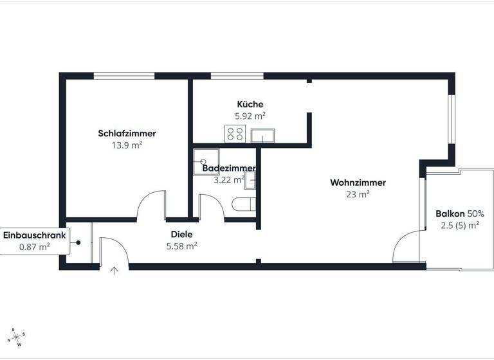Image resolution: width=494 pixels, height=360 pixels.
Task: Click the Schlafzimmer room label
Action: tap(127, 134)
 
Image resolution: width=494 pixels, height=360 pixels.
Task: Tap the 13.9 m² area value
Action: tap(127, 145)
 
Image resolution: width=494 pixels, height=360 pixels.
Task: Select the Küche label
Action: tap(250, 104)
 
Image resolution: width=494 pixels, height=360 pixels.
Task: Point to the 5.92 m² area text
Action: tap(250, 116)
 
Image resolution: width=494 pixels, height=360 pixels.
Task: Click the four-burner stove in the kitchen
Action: tap(234, 134)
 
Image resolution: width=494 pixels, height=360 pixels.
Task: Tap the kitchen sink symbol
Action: tap(264, 135)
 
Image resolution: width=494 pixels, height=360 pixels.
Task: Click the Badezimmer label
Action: tap(228, 168)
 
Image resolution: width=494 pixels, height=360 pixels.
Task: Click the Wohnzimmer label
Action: tap(358, 183)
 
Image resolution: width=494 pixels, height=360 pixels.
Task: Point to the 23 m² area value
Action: tap(358, 194)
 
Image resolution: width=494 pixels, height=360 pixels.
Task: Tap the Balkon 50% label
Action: tap(460, 213)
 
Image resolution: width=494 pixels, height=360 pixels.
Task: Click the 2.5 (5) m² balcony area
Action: tap(460, 225)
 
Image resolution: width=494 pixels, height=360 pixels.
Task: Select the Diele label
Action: tap(181, 235)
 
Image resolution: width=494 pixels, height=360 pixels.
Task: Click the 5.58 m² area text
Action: tap(181, 246)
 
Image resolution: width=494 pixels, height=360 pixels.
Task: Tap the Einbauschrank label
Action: tap(35, 235)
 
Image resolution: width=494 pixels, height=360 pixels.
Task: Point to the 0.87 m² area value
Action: tap(35, 246)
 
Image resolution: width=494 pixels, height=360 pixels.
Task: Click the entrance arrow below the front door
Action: tap(114, 271)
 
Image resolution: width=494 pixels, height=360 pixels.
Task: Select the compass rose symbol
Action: tap(17, 336)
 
